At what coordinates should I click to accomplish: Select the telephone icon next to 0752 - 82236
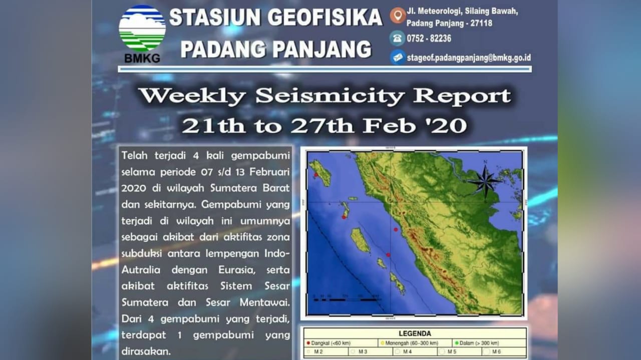pos(398,38)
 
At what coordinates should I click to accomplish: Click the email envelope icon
pos(398,57)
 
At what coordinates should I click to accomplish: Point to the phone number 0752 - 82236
pos(429,39)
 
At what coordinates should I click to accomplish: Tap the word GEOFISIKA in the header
pos(325,19)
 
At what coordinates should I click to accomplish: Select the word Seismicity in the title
pos(329,96)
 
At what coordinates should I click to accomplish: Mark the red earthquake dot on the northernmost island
pos(316,175)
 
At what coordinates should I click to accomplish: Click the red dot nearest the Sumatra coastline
pos(396,229)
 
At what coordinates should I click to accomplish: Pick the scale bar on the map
pos(346,299)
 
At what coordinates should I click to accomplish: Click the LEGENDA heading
pos(415,333)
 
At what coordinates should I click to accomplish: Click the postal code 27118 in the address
pos(482,23)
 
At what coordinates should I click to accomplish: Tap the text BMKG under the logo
pos(142,58)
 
